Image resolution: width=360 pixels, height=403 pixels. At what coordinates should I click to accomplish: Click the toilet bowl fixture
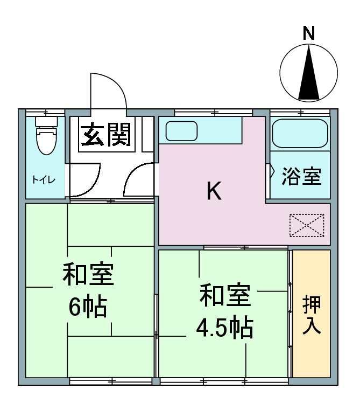pos(46,140)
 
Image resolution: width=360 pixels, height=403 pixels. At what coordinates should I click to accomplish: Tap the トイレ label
pos(44,179)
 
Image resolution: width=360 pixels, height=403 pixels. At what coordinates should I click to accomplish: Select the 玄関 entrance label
pos(106,134)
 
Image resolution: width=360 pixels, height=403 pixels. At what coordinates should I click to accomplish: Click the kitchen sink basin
pos(181,131)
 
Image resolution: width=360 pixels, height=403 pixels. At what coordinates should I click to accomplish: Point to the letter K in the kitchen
pos(214,191)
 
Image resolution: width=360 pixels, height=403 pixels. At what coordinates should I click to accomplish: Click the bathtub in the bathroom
pos(300,133)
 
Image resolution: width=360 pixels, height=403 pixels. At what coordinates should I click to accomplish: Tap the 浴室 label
pos(301,176)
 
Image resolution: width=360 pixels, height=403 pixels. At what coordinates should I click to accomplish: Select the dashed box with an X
pos(307,225)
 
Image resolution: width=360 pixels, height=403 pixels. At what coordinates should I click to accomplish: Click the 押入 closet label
pos(312,315)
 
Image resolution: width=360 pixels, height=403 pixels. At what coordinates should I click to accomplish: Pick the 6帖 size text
pos(88,308)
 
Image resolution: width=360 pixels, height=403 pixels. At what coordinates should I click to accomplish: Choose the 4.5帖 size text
pos(225,328)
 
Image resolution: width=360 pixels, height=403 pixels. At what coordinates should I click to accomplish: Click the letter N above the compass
pos(309,33)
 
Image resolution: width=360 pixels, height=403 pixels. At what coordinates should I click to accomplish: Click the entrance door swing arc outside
pos(117,82)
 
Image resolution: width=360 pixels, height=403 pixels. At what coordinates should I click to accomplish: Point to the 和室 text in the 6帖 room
pos(88,274)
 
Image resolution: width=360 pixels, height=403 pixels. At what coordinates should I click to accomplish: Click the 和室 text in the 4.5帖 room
pos(225,295)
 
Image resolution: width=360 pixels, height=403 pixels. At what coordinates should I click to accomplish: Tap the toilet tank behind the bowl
pos(46,122)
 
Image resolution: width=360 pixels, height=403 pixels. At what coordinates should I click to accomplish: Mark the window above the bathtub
pos(300,112)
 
